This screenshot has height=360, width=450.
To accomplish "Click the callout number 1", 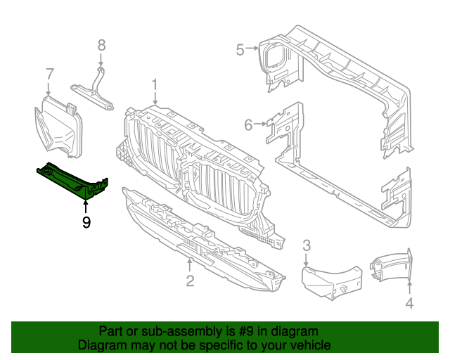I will (154, 86).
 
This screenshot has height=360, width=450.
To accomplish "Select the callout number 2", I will (190, 281).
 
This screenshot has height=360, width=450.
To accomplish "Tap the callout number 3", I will (307, 245).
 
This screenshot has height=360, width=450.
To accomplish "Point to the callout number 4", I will (410, 303).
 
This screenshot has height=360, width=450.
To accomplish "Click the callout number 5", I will (240, 49).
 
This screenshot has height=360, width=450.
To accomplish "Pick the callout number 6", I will (247, 125).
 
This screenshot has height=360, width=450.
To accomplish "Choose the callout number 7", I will (49, 73).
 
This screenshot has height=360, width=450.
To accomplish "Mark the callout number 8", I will (101, 45).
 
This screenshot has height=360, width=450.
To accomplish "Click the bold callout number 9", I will (86, 223).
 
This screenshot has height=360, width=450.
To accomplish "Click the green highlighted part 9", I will (70, 179).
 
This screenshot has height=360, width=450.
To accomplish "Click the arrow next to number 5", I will (252, 49).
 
